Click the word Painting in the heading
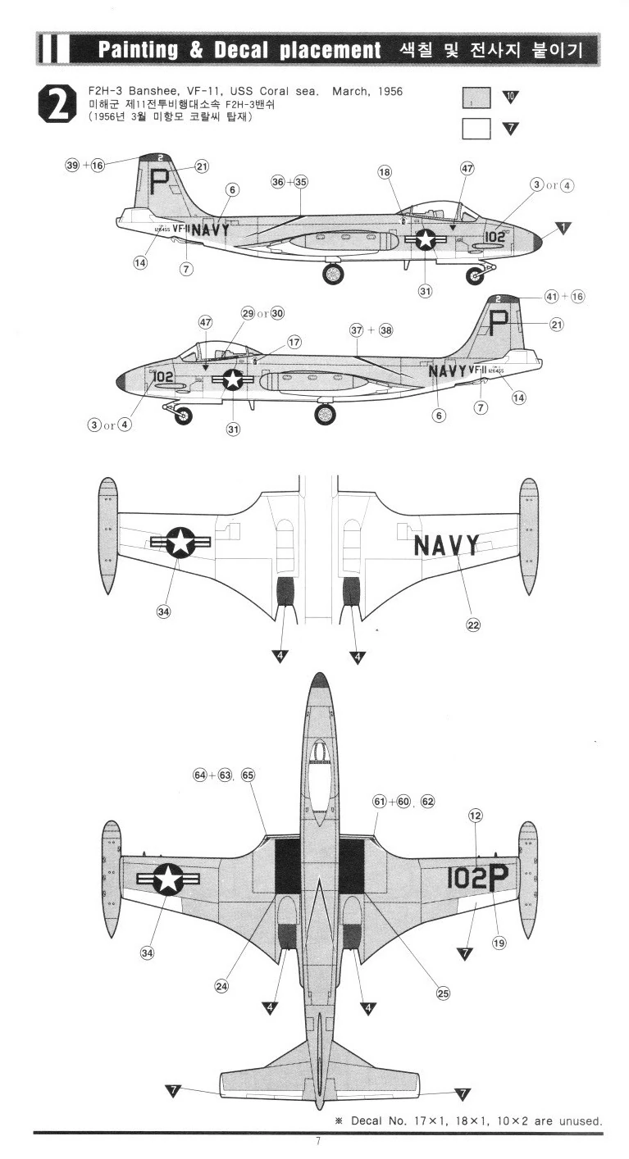click(139, 50)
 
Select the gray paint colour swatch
click(476, 98)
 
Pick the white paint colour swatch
click(476, 129)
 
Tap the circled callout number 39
click(72, 165)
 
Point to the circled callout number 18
click(385, 171)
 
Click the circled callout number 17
click(293, 342)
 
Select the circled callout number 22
click(473, 625)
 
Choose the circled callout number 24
click(221, 986)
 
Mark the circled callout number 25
click(443, 993)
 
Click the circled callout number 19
click(499, 943)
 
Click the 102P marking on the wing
click(477, 878)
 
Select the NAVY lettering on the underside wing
click(445, 545)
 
